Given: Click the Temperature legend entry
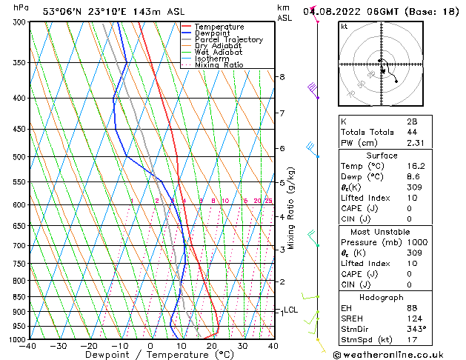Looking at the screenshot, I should [x=221, y=27].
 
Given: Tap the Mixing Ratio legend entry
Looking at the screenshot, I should [x=219, y=65].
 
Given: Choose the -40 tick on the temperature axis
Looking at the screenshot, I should [x=28, y=345].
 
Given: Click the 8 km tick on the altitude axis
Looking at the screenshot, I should [x=282, y=77].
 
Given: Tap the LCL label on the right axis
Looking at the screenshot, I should [x=290, y=310].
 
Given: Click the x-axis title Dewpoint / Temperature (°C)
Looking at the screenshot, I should [x=150, y=355].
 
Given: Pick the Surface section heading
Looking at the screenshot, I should [x=382, y=156].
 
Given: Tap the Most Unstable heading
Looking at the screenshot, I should [x=382, y=231].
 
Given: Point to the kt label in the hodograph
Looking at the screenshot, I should [x=344, y=27].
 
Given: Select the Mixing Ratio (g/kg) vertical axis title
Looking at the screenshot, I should [x=291, y=208].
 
